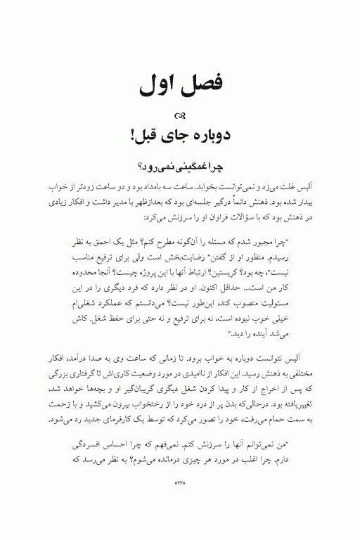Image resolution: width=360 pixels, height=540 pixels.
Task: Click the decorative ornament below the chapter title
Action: tap(180, 116)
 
